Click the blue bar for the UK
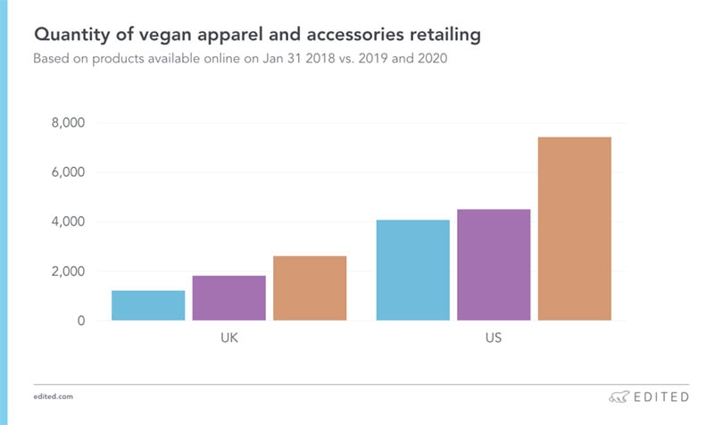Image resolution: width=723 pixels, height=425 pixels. [x=148, y=305]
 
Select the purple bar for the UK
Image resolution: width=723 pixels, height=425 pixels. [x=229, y=297]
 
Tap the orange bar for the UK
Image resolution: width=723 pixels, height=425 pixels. [x=310, y=287]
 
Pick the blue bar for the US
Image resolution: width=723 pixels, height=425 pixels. [x=412, y=270]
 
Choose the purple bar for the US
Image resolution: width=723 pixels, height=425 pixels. [x=494, y=264]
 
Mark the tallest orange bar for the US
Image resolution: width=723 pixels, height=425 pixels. [x=575, y=229]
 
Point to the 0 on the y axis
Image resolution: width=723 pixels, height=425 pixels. [x=80, y=321]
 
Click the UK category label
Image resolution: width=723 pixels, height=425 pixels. [x=229, y=340]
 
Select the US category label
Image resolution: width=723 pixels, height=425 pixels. [x=494, y=340]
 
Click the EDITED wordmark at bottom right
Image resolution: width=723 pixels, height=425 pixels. [x=661, y=396]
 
